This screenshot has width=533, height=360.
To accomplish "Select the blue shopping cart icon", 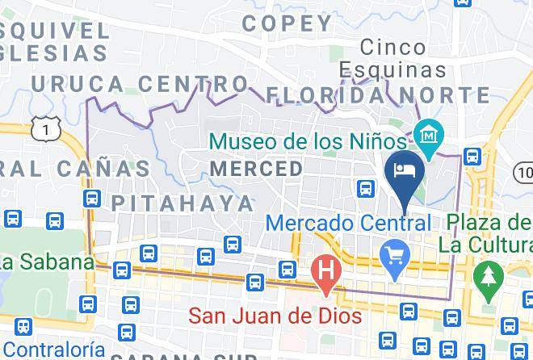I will [x=395, y=258].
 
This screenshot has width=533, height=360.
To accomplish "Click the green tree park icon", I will [x=487, y=274].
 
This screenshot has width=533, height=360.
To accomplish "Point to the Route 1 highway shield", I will [x=50, y=127].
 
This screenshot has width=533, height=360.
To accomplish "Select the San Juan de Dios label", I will [x=275, y=315].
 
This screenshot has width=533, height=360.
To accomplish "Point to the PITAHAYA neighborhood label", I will [x=183, y=202].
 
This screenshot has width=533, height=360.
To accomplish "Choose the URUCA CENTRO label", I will [x=140, y=82].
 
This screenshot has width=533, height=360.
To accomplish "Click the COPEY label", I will [x=287, y=23].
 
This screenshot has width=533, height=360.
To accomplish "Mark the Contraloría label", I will [x=52, y=350].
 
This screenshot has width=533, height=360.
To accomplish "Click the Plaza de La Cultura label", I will [x=485, y=232].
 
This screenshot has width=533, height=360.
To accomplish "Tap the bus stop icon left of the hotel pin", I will [x=366, y=188].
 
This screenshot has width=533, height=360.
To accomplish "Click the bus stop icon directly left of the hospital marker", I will [x=287, y=269].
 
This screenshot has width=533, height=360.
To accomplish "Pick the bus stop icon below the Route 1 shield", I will [x=91, y=199].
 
